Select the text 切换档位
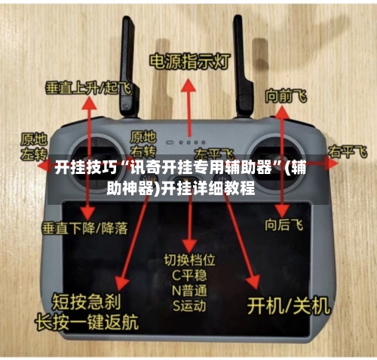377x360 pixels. click(x=190, y=260)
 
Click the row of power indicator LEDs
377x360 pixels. click(x=188, y=141)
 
